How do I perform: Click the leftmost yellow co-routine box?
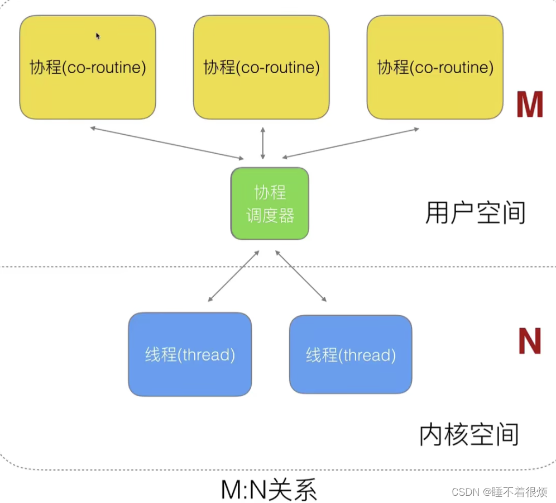click(x=88, y=67)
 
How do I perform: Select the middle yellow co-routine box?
click(x=261, y=67)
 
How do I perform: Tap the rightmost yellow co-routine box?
click(x=435, y=67)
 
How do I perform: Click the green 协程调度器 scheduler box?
click(x=270, y=203)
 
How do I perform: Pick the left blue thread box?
click(x=190, y=354)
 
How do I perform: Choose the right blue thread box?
click(x=351, y=354)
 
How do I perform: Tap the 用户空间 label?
click(x=475, y=213)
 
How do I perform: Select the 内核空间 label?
click(x=469, y=435)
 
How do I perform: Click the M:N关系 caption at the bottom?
click(x=269, y=490)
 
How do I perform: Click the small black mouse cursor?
click(x=98, y=36)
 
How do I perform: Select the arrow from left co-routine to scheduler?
click(x=166, y=144)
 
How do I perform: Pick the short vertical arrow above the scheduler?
click(x=263, y=143)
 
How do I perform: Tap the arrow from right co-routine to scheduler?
click(x=351, y=143)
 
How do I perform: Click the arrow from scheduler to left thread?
click(x=234, y=276)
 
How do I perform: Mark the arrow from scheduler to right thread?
click(x=301, y=276)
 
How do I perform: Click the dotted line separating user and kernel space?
click(x=112, y=267)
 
